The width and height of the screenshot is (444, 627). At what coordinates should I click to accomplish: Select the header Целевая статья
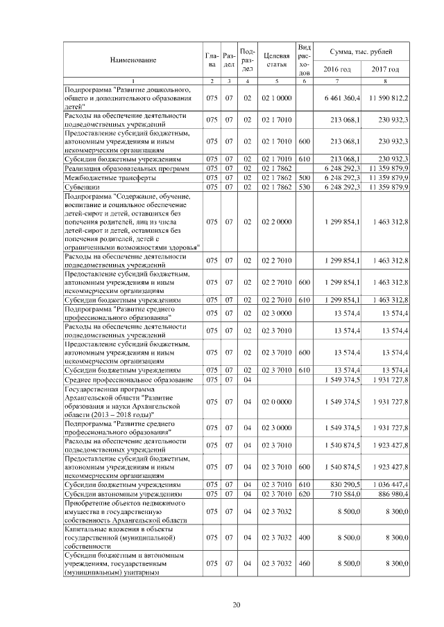pos(276,60)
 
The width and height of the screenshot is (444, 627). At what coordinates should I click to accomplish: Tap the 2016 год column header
pos(337,69)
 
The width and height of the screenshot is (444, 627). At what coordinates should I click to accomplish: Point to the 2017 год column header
pos(385,69)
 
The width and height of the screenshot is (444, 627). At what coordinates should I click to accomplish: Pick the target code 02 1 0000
pos(276,99)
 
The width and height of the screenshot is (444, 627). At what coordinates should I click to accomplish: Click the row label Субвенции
pos(82,186)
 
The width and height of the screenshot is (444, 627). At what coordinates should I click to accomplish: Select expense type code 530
pos(303,186)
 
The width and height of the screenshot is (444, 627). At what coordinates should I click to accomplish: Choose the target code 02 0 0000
pos(276,401)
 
